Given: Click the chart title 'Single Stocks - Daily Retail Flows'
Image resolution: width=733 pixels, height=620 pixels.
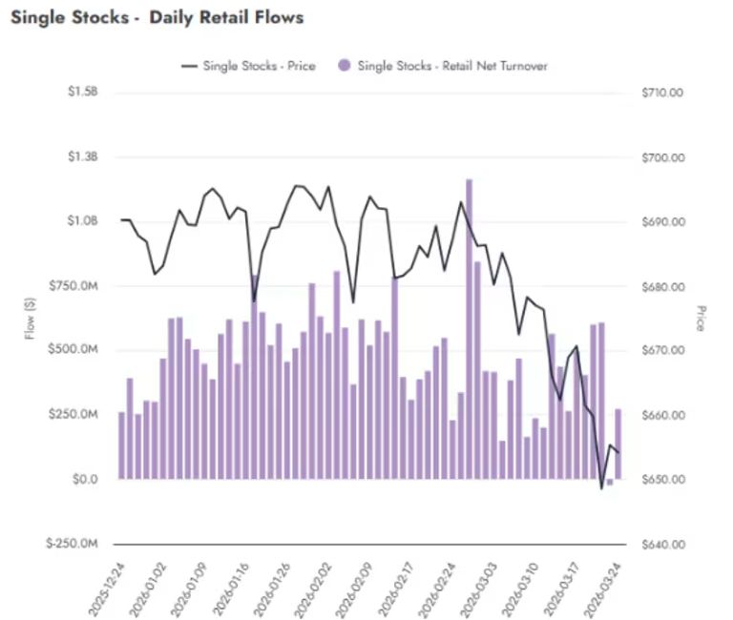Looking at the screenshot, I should click(x=157, y=17).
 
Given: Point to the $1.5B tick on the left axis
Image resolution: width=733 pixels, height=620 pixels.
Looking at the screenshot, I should click(x=84, y=93).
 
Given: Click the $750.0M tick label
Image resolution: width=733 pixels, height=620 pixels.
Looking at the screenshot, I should click(x=74, y=286).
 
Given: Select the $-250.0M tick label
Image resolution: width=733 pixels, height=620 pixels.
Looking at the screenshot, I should click(x=73, y=545).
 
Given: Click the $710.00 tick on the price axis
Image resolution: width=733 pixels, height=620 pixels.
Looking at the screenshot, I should click(x=664, y=93).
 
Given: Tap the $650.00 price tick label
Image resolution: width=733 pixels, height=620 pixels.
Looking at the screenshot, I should click(x=664, y=480).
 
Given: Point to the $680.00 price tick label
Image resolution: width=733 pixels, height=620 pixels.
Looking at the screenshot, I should click(x=664, y=286).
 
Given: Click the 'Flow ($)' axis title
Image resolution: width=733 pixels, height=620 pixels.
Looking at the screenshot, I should click(x=31, y=318).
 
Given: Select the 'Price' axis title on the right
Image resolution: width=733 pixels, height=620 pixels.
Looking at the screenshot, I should click(x=702, y=318).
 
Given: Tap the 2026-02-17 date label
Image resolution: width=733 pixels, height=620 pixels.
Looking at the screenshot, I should click(x=402, y=587).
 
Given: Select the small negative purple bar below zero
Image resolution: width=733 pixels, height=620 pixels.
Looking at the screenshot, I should click(x=610, y=482).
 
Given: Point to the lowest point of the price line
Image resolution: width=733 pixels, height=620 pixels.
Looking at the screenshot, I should click(x=601, y=487).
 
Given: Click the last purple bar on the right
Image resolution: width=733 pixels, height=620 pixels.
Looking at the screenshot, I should click(x=618, y=444).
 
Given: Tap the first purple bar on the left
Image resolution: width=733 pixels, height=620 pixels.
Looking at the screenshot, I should click(x=121, y=445).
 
